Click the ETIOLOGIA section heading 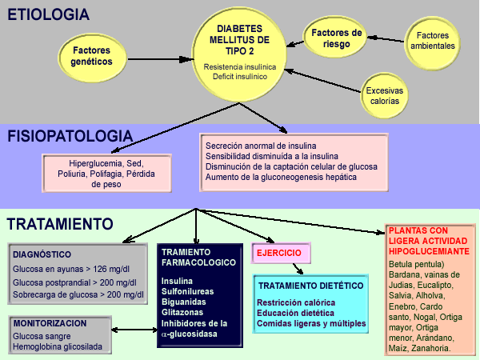pyautogui.click(x=48, y=14)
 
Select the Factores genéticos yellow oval pyautogui.click(x=92, y=57)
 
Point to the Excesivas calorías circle pyautogui.click(x=385, y=95)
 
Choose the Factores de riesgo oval pyautogui.click(x=335, y=38)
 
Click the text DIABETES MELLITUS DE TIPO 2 pyautogui.click(x=239, y=40)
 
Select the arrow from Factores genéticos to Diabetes pyautogui.click(x=159, y=59)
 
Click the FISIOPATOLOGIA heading pyautogui.click(x=70, y=136)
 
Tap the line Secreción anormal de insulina pyautogui.click(x=261, y=146)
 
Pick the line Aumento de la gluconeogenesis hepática pyautogui.click(x=281, y=177)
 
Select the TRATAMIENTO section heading pyautogui.click(x=60, y=224)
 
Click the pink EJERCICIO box pyautogui.click(x=281, y=253)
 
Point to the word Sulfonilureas pyautogui.click(x=187, y=291)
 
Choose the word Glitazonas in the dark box pyautogui.click(x=182, y=312)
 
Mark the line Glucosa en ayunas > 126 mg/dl pyautogui.click(x=71, y=269)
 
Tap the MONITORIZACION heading pyautogui.click(x=50, y=323)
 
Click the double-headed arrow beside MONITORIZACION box pyautogui.click(x=134, y=330)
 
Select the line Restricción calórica pyautogui.click(x=296, y=302)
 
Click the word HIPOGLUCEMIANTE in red pyautogui.click(x=429, y=251)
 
